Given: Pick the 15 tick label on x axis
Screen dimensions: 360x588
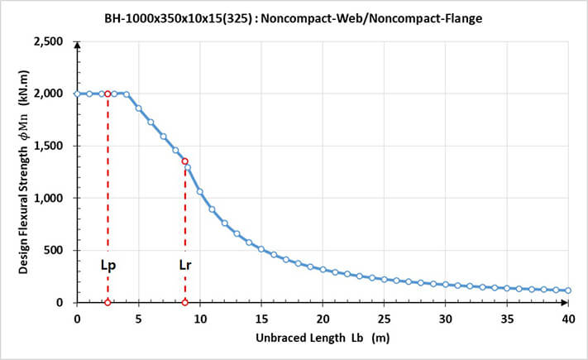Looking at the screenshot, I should (x=261, y=319).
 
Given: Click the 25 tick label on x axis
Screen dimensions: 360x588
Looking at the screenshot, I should (x=384, y=319).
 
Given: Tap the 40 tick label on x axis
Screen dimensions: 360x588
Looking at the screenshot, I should (x=568, y=319).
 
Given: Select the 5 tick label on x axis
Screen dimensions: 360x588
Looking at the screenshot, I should (x=138, y=319).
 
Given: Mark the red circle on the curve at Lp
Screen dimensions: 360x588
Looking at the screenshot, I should (x=108, y=94).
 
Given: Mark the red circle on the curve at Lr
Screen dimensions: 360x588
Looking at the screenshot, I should (x=184, y=162).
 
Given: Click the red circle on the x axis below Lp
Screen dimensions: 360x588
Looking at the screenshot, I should (x=108, y=302).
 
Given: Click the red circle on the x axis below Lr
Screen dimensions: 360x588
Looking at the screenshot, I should (x=184, y=302).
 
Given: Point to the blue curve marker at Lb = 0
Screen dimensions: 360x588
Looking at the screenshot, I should (x=77, y=94).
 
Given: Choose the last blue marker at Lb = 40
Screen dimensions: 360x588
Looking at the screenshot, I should (x=568, y=290).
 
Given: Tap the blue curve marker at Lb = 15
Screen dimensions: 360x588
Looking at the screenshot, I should (x=261, y=248).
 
